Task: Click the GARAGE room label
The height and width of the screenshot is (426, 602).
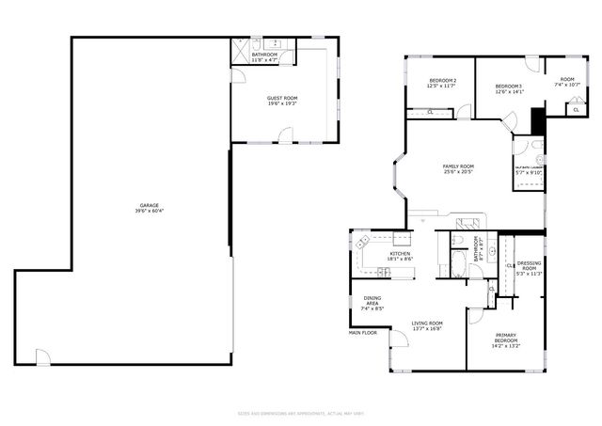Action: coord(149,204)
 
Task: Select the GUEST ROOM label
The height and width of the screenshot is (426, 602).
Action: coord(282,97)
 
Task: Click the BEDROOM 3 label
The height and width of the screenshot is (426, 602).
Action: coord(508,87)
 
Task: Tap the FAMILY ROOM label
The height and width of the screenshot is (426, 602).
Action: coord(458,166)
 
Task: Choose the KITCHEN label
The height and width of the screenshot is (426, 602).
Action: coord(401,254)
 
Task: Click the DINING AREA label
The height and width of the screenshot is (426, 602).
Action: coord(372,301)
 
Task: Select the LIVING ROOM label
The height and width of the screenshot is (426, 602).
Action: coord(426,323)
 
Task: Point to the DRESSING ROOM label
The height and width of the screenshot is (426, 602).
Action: coord(529,266)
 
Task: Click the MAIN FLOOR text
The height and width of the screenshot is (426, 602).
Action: coord(362,332)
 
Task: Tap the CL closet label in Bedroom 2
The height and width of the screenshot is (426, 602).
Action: coord(430,113)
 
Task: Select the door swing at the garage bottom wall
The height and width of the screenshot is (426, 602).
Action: coord(41,356)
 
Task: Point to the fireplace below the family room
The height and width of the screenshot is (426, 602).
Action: coord(468,226)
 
